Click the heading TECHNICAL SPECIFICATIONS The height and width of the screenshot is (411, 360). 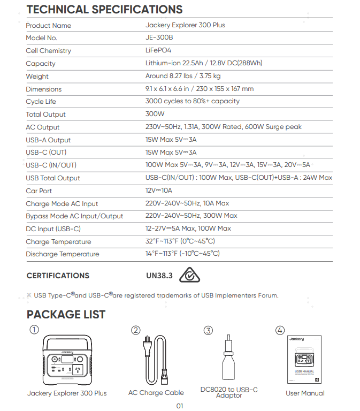(104, 10)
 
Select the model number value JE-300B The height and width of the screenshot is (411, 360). (159, 37)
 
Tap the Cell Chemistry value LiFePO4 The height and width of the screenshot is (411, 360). (158, 50)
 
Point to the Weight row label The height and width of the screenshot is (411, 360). (37, 76)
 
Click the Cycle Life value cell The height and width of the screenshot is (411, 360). (192, 101)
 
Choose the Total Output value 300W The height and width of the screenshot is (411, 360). (155, 114)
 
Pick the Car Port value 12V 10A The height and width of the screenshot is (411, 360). (159, 191)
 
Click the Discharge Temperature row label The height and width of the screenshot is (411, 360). (62, 254)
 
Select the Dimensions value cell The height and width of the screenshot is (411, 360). (199, 89)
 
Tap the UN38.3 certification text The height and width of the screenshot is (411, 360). (159, 276)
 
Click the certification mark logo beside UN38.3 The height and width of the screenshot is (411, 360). (189, 276)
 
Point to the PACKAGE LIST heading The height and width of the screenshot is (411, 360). (66, 314)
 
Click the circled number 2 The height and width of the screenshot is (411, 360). (136, 331)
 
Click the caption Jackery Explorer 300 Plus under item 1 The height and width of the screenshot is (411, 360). (67, 393)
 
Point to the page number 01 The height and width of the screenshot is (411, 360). (180, 406)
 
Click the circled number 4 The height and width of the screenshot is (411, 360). (280, 330)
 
